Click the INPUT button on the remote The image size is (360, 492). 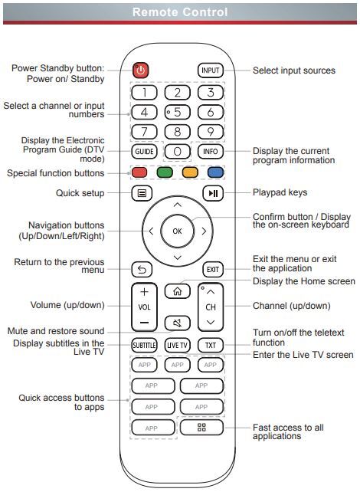[x=211, y=71]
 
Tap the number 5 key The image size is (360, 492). [x=178, y=112]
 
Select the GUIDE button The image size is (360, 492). [x=144, y=151]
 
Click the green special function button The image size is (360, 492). [x=165, y=172]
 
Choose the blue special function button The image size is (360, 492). [x=215, y=172]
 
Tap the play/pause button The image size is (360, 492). [x=213, y=193]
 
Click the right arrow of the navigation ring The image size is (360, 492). [x=205, y=231]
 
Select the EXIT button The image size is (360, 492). [x=213, y=270]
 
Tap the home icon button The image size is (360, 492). [x=178, y=291]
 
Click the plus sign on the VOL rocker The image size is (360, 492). [x=144, y=292]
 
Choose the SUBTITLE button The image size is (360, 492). [x=144, y=345]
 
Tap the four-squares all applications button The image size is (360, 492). [x=201, y=428]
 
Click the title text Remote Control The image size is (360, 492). [x=180, y=12]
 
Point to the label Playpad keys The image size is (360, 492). [x=280, y=192]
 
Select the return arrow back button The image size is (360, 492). [x=142, y=270]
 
